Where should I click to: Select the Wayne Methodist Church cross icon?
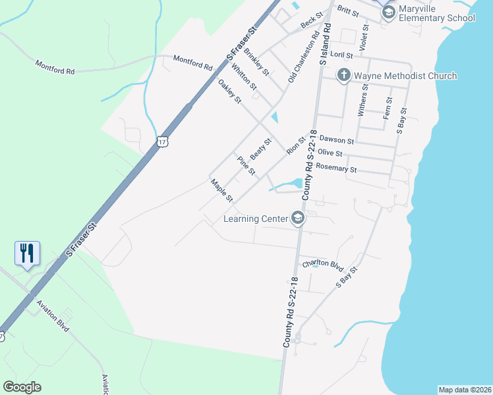[343, 76]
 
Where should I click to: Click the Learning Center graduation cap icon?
[298, 219]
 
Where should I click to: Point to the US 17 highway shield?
[163, 141]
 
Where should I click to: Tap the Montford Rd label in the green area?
[55, 67]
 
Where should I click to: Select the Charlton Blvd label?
[324, 265]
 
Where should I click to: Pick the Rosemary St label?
[336, 169]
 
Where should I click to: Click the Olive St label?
[330, 153]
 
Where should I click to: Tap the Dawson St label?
[337, 140]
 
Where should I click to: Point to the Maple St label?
[221, 190]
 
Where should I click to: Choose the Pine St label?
[246, 166]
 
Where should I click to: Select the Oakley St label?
[230, 92]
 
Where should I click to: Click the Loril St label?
[342, 56]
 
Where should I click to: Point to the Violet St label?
[363, 39]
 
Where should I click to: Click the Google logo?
[22, 387]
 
